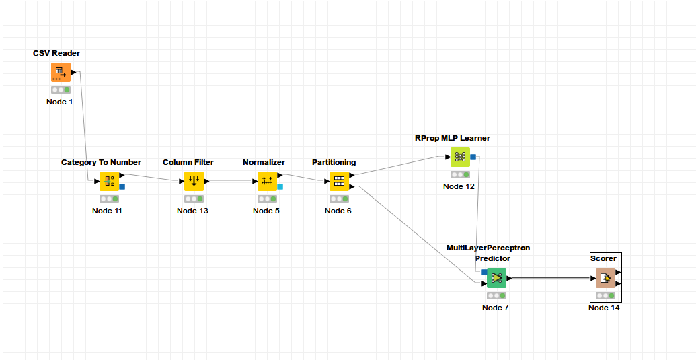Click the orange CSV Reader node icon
coord(61,72)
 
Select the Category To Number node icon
coord(108,181)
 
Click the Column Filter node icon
coord(194,181)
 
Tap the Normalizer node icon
coord(267,181)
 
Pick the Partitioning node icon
coord(338,181)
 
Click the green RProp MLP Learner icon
coord(460,157)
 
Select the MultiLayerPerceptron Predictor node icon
coord(496,278)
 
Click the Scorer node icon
coord(605,278)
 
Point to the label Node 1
coord(60,102)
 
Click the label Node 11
coord(108,211)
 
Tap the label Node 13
coord(192,211)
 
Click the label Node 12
coord(459,186)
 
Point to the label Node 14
coord(604,308)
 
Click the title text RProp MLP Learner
coord(452,138)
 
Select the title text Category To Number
coord(101,162)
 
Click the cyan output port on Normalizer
coord(280,186)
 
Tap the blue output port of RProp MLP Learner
coord(473,157)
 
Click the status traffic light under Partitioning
coord(338,199)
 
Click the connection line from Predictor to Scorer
coord(551,278)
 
